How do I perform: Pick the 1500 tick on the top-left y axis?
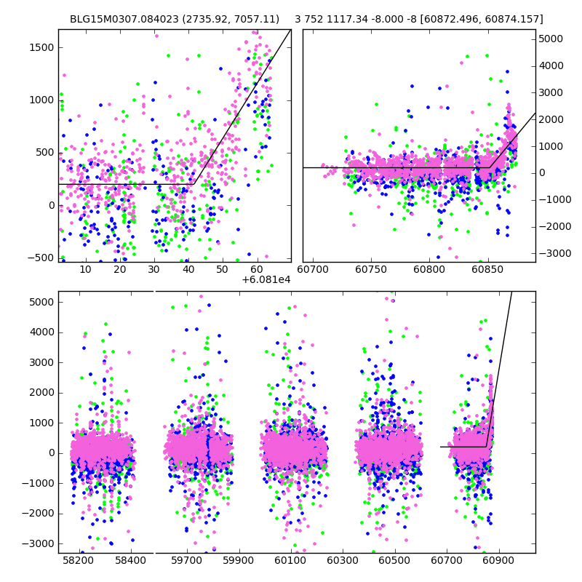41,47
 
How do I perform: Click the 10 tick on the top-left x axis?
85,270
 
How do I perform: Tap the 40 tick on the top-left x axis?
188,270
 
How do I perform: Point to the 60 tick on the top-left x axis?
257,270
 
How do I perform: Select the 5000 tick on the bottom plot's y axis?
42,302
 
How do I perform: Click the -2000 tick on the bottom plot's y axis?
41,513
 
